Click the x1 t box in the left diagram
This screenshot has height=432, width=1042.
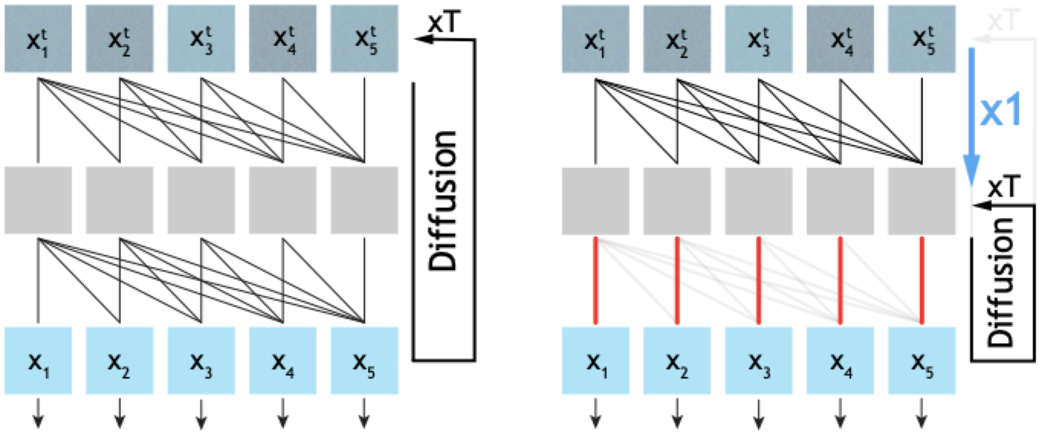(38, 39)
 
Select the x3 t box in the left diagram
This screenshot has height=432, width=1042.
(201, 39)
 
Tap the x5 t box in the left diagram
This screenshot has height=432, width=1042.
(364, 39)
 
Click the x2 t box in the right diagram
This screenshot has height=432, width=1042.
(677, 39)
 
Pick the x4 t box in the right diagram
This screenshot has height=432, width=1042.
(841, 39)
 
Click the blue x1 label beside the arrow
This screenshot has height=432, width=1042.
(999, 109)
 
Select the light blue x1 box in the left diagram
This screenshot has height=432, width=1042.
(38, 361)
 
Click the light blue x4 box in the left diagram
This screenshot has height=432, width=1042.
(283, 361)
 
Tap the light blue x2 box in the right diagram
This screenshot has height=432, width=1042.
(677, 361)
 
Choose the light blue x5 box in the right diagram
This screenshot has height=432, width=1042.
(922, 361)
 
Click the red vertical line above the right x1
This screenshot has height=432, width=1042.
(595, 281)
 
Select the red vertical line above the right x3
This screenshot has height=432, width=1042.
(759, 281)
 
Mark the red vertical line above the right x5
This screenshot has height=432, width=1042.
(922, 281)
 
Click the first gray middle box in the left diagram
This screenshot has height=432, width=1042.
(38, 200)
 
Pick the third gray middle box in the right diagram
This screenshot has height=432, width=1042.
(759, 200)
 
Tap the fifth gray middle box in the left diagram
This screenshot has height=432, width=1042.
(364, 200)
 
